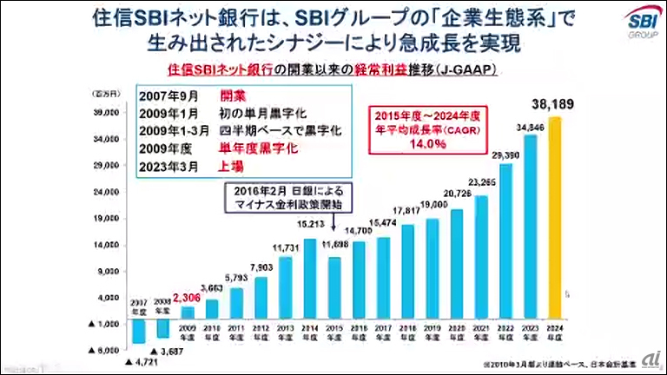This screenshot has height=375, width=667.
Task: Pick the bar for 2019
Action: (x=433, y=267)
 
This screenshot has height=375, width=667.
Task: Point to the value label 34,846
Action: (x=531, y=128)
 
